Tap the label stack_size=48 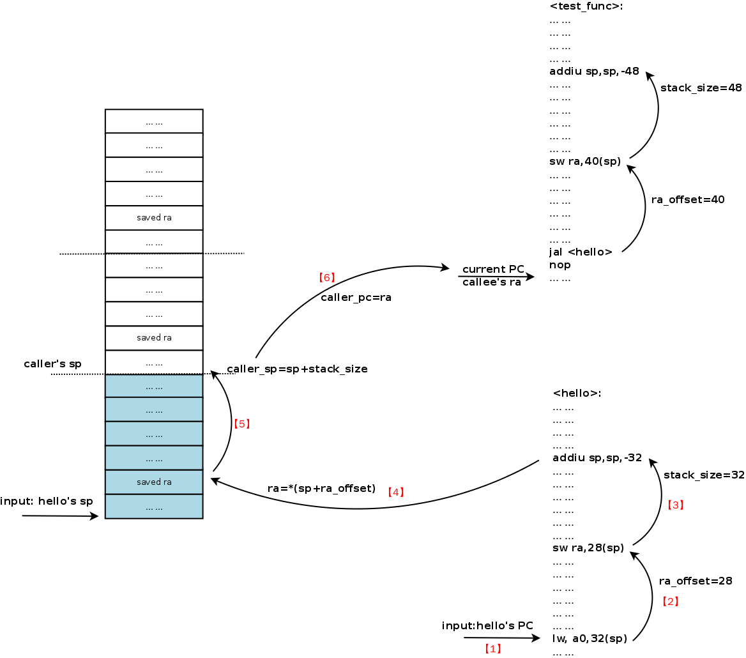(701, 88)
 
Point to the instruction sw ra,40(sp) (584, 162)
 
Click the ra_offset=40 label (687, 200)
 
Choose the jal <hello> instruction (581, 252)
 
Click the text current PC (493, 269)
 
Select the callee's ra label (491, 282)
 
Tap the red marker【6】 (326, 278)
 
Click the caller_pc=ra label (356, 298)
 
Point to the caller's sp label (52, 364)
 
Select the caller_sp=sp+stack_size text (297, 369)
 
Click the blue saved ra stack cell (154, 482)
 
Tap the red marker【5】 (241, 424)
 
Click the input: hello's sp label (47, 501)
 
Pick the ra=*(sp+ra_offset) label (321, 489)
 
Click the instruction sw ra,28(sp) (588, 548)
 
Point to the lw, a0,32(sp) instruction (590, 638)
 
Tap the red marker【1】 (492, 649)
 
